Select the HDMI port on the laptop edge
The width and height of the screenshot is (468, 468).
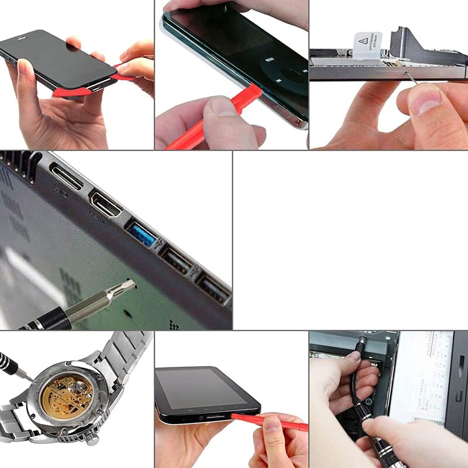[x=105, y=205]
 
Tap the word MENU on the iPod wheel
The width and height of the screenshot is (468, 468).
[x=269, y=60]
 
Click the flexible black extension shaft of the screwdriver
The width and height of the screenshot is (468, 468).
[x=357, y=386]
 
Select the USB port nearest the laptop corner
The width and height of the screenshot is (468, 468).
[x=214, y=289]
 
